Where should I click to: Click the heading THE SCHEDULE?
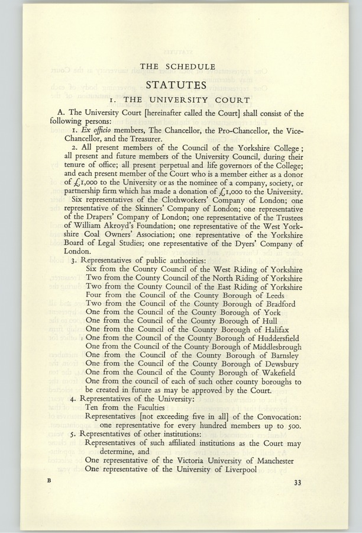coord(182,66)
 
